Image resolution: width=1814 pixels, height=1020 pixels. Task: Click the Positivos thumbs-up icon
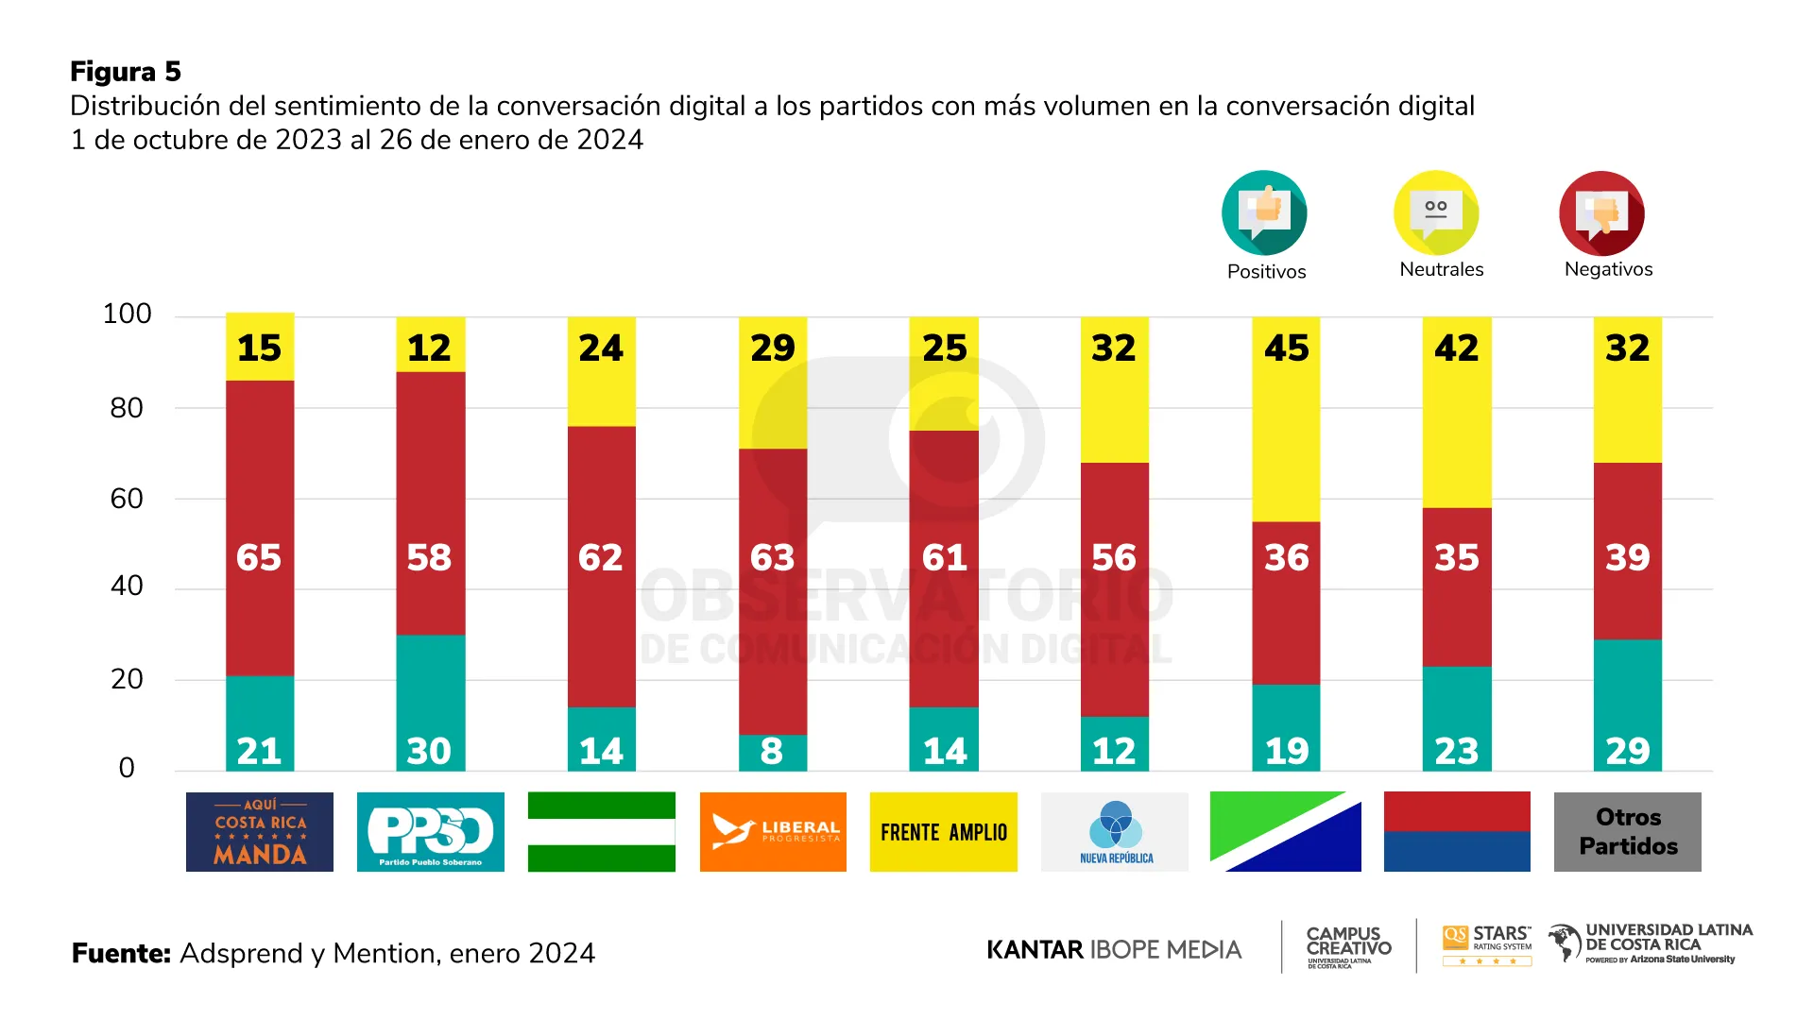click(1264, 212)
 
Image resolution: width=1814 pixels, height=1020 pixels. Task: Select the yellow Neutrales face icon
click(1436, 212)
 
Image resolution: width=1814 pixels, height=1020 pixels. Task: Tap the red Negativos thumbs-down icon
click(1601, 213)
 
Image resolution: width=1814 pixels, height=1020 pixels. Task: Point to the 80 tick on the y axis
click(127, 408)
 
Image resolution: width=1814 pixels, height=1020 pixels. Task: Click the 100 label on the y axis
click(127, 314)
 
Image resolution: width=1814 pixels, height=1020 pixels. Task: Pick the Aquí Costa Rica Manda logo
click(260, 832)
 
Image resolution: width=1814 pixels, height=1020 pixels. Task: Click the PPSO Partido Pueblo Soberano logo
click(431, 832)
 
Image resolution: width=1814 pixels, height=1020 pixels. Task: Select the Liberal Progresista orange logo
click(773, 832)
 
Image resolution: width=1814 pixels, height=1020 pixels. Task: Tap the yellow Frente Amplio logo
click(944, 832)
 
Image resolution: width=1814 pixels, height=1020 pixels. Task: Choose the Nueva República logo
click(1115, 832)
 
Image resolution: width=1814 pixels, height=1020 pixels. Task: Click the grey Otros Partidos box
click(1628, 832)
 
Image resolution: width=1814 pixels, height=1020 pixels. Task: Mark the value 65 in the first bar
click(259, 557)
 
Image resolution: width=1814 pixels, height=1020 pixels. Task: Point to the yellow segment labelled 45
click(1286, 420)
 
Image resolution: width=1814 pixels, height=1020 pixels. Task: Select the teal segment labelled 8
click(772, 753)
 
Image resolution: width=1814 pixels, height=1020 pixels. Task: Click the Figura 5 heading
click(126, 72)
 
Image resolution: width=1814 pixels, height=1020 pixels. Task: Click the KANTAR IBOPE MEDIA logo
click(1114, 950)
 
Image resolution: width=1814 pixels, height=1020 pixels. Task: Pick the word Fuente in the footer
click(121, 954)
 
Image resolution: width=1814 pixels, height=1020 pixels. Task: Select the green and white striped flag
click(602, 832)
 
